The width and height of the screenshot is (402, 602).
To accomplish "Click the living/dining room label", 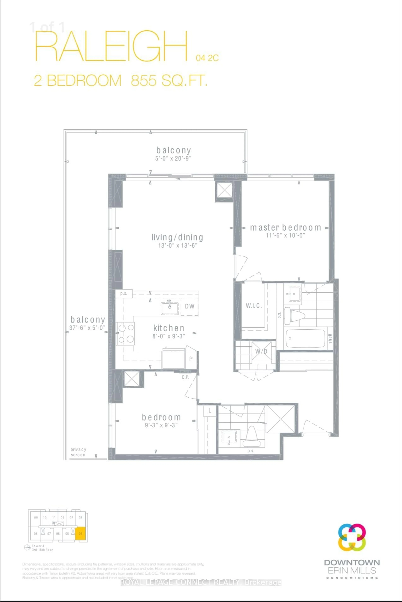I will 177,237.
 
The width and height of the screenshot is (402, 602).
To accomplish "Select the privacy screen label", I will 78,452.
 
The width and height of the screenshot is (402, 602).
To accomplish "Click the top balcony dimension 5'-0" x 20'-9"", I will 173,158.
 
